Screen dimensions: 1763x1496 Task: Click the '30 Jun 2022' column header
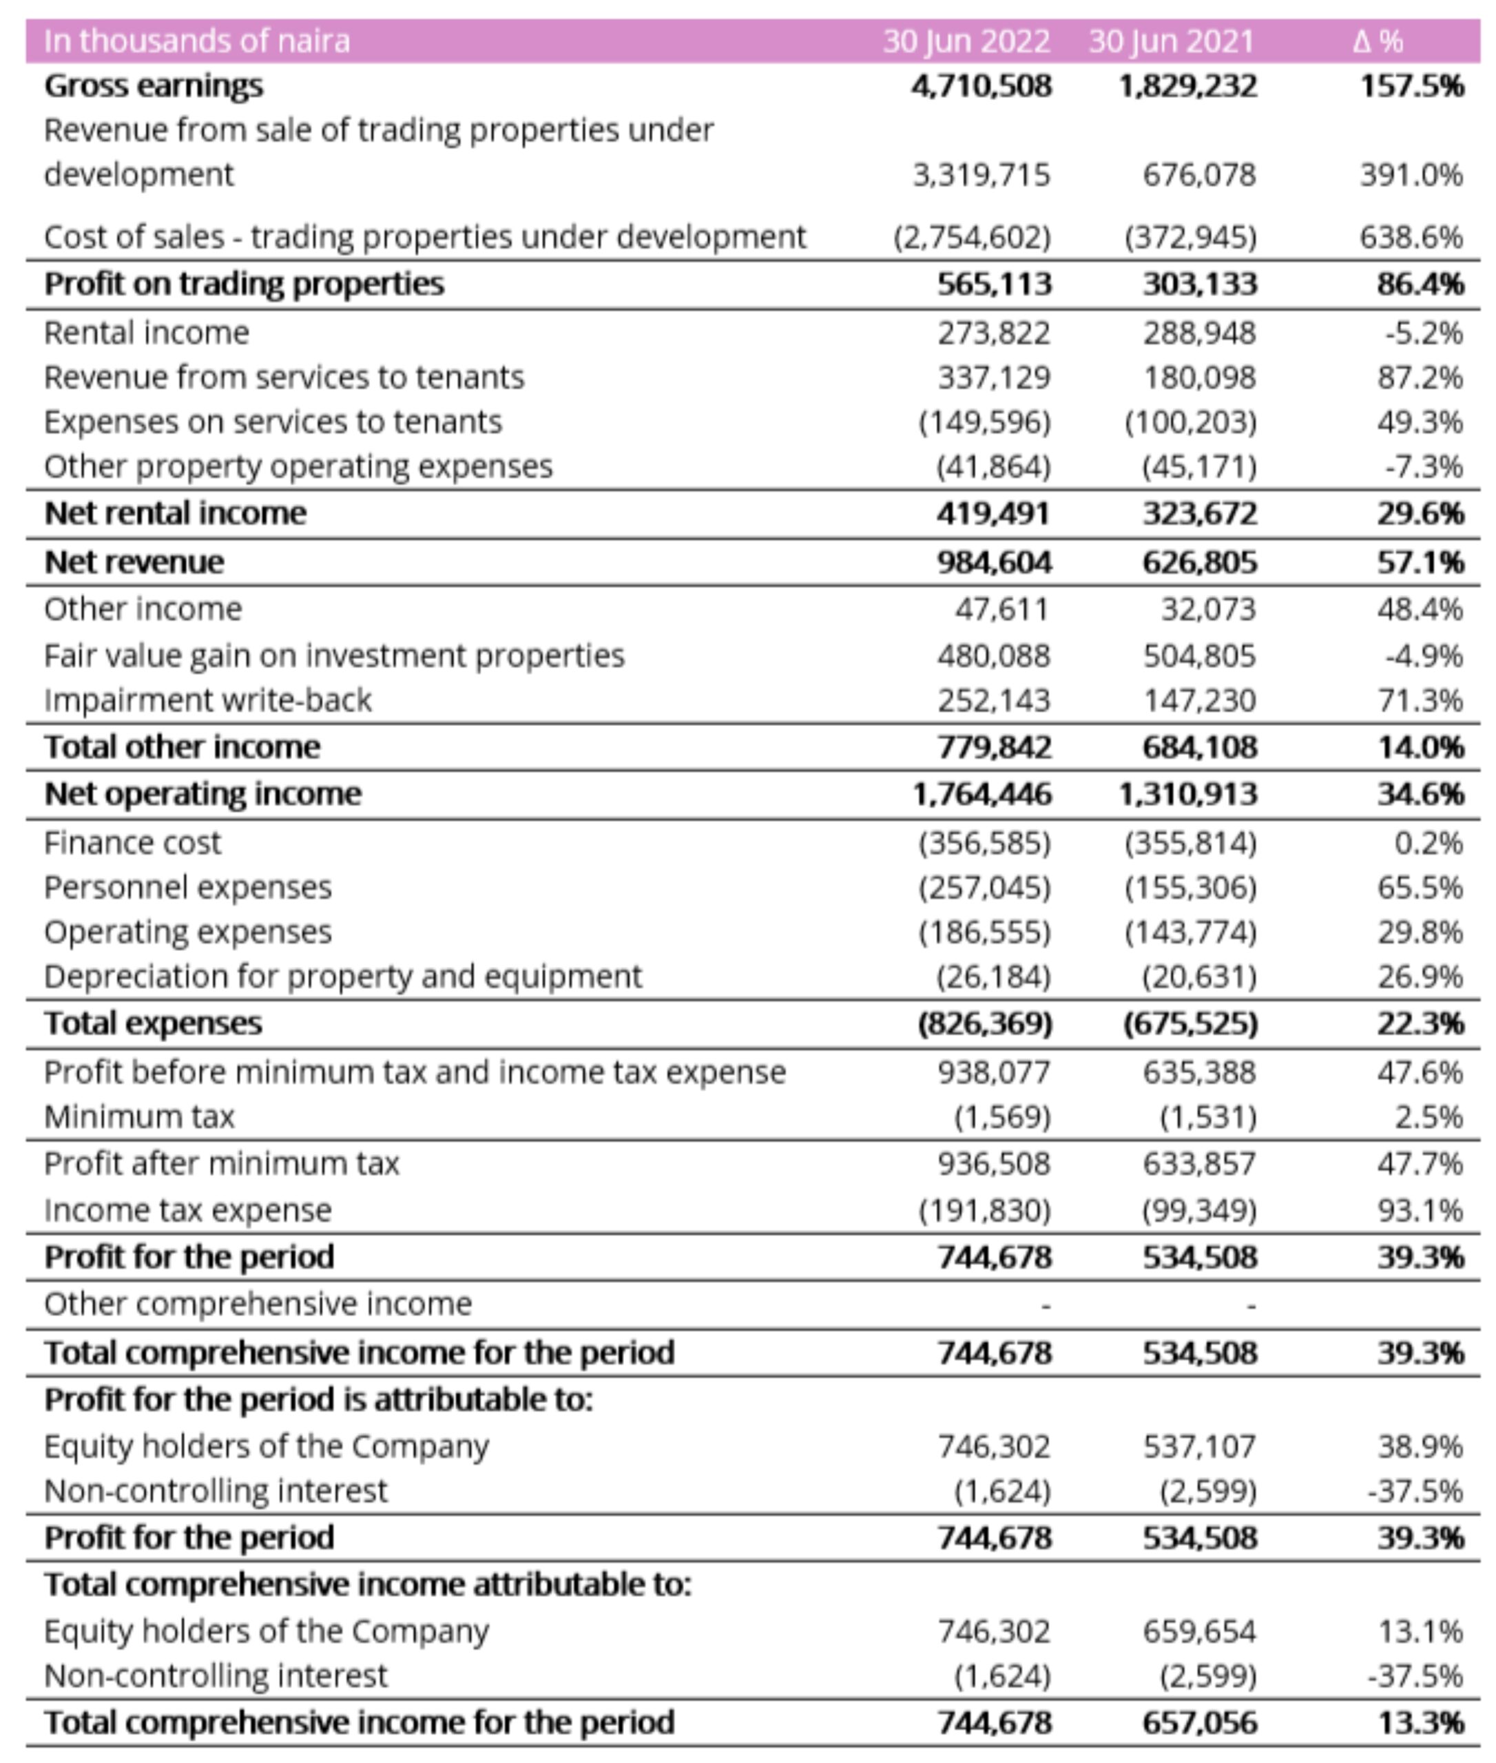tap(965, 41)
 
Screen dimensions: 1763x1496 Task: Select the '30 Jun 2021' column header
tap(1170, 41)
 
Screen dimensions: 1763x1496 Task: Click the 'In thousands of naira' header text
tap(197, 41)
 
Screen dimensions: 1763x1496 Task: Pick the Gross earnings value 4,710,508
tap(981, 85)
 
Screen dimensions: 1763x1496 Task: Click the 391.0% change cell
tap(1411, 175)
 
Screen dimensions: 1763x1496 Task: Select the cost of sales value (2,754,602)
tap(972, 237)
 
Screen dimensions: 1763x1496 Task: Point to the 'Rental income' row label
tap(147, 333)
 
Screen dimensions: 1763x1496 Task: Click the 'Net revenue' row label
tap(134, 561)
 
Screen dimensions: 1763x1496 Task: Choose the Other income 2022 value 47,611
tap(1001, 609)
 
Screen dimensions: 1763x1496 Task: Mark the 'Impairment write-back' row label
tap(208, 700)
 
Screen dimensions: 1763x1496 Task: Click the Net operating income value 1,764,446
tap(981, 794)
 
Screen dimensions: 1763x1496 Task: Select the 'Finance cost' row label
tap(132, 843)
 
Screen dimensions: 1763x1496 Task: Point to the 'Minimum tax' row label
tap(139, 1117)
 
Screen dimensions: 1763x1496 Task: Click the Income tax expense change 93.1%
tap(1420, 1210)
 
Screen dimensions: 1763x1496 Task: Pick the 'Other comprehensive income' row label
tap(258, 1304)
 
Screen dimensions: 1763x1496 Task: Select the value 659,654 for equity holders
tap(1198, 1631)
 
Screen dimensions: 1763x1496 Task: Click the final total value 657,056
tap(1199, 1722)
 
